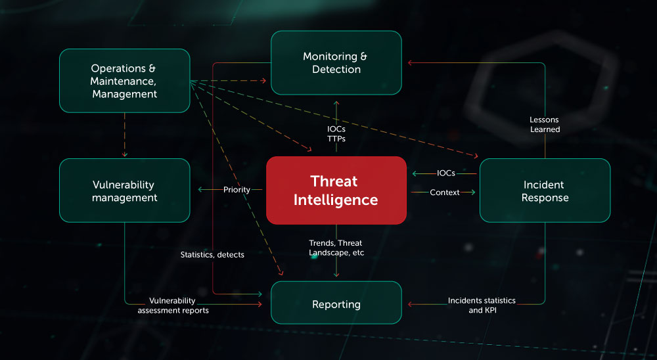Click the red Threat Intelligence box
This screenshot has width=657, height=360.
(x=336, y=190)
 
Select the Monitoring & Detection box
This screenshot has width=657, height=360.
(x=336, y=62)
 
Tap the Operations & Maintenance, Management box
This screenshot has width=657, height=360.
(x=125, y=81)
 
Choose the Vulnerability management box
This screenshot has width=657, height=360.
(x=125, y=191)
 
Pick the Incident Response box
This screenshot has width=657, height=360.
(x=545, y=191)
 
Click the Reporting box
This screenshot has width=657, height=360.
(x=336, y=304)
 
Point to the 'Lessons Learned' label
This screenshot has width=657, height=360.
(x=545, y=124)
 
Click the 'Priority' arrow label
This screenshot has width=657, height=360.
(x=237, y=190)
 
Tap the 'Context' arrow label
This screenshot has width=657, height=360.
(x=444, y=192)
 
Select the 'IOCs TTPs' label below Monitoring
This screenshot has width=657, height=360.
(x=336, y=133)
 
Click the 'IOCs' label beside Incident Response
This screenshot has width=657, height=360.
(x=446, y=173)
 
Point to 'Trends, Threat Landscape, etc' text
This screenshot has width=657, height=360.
(x=336, y=248)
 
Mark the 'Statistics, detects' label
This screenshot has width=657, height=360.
(x=212, y=254)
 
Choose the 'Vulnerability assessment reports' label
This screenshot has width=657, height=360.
(x=173, y=305)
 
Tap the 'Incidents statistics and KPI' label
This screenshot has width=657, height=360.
(x=482, y=305)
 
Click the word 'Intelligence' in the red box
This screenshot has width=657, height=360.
(x=336, y=200)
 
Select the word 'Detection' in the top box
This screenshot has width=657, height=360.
(x=336, y=70)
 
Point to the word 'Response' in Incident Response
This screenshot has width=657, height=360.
(x=545, y=198)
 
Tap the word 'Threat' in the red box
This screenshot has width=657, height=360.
(x=336, y=181)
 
